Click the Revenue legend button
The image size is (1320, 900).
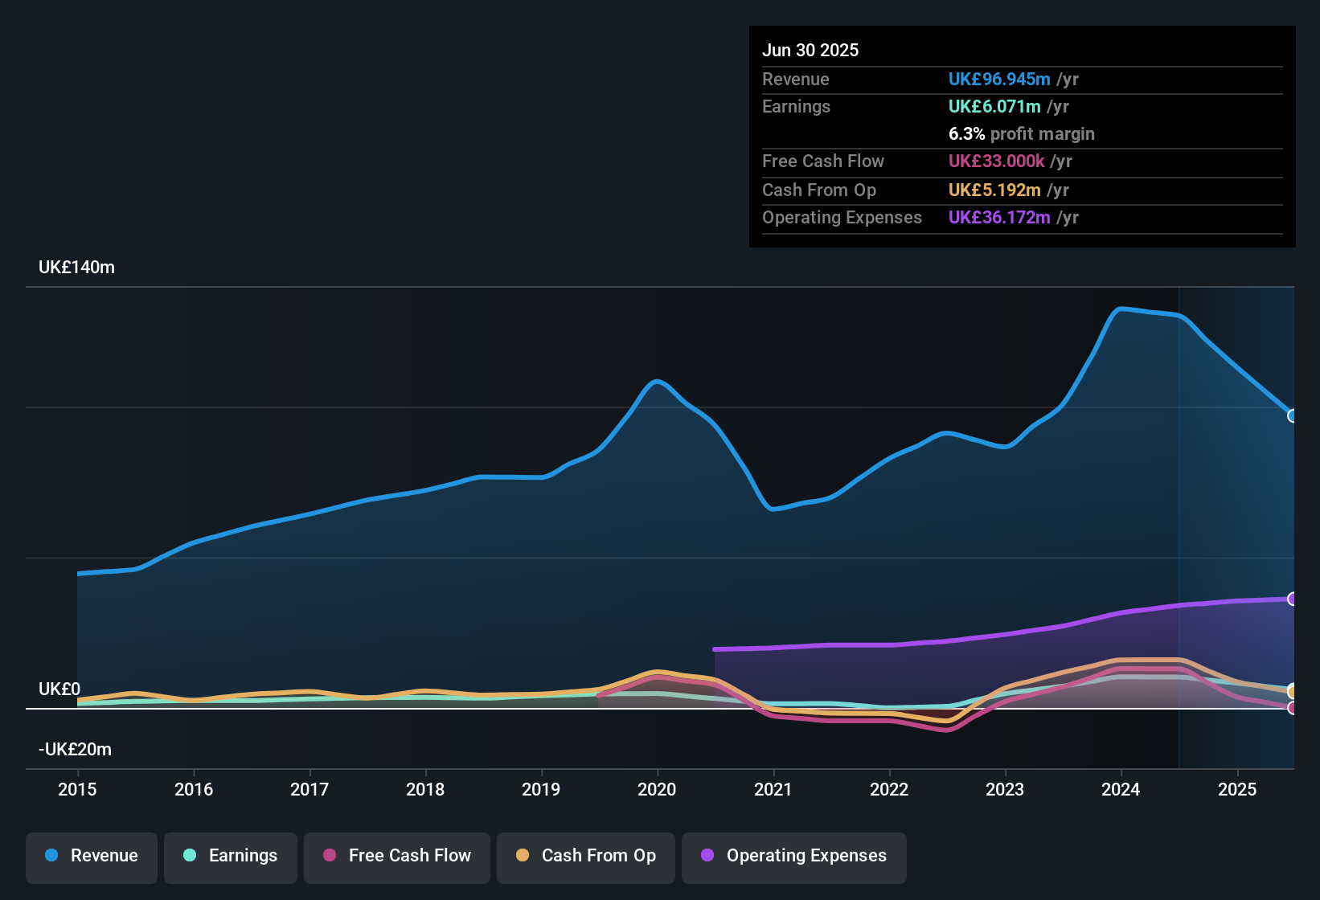point(92,856)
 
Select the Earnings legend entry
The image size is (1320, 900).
point(231,856)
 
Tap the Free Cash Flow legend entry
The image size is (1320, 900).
point(397,856)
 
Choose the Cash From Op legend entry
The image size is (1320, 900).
point(586,856)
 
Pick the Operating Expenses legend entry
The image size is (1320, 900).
point(794,856)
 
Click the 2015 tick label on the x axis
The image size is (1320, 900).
point(77,789)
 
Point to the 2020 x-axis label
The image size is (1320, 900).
point(657,789)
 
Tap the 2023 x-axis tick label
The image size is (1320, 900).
point(1005,789)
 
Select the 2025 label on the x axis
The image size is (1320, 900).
point(1237,789)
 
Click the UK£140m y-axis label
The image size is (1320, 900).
point(76,268)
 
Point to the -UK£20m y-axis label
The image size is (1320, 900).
point(75,750)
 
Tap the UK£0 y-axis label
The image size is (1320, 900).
point(59,689)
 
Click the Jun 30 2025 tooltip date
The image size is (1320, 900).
point(810,51)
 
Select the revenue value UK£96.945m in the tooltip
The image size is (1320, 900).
point(999,80)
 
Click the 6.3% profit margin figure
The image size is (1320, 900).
point(1021,134)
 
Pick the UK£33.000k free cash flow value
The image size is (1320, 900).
point(996,162)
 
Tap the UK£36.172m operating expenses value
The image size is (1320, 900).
point(999,218)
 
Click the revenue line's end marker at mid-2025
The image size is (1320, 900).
point(1292,415)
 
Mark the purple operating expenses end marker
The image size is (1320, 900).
point(1292,599)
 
